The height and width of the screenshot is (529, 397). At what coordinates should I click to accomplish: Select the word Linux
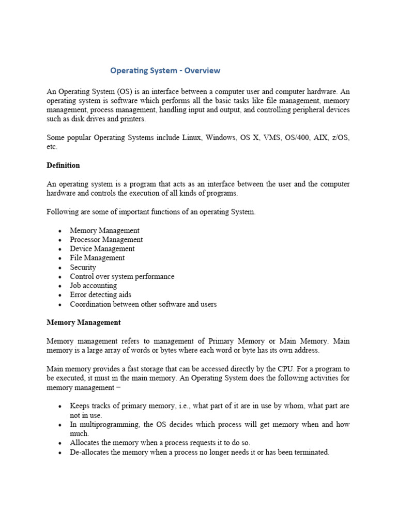pyautogui.click(x=192, y=138)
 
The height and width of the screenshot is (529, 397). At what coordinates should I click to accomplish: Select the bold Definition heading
pyautogui.click(x=63, y=165)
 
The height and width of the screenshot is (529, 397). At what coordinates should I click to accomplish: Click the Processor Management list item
pyautogui.click(x=106, y=240)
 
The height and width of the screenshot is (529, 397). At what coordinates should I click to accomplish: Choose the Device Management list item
pyautogui.click(x=102, y=249)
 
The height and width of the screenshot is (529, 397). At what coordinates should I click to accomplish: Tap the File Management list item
pyautogui.click(x=97, y=258)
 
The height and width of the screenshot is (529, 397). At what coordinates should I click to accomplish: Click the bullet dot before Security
pyautogui.click(x=60, y=268)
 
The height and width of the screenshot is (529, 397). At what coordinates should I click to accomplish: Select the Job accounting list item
pyautogui.click(x=94, y=285)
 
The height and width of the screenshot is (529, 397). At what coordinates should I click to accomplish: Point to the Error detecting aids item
pyautogui.click(x=101, y=294)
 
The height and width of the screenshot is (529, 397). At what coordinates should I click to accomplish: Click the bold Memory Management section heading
pyautogui.click(x=83, y=322)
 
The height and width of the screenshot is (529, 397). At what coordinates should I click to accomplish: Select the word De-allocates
pyautogui.click(x=89, y=452)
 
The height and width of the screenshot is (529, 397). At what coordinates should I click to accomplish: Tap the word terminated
pyautogui.click(x=311, y=452)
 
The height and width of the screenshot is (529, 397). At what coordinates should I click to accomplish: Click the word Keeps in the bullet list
pyautogui.click(x=80, y=406)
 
